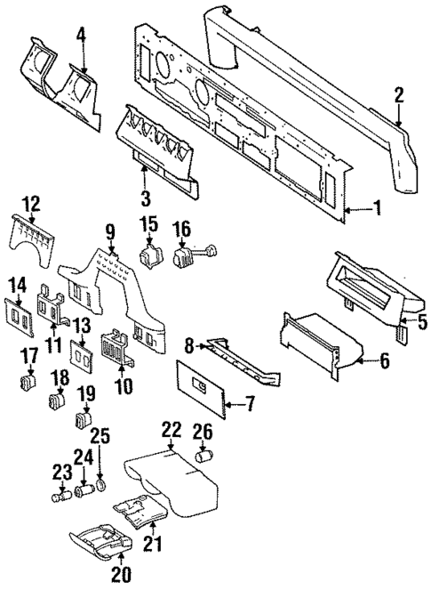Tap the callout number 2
coord(400,94)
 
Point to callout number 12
coord(31,203)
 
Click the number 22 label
coord(171,430)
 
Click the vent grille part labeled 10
coord(117,348)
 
